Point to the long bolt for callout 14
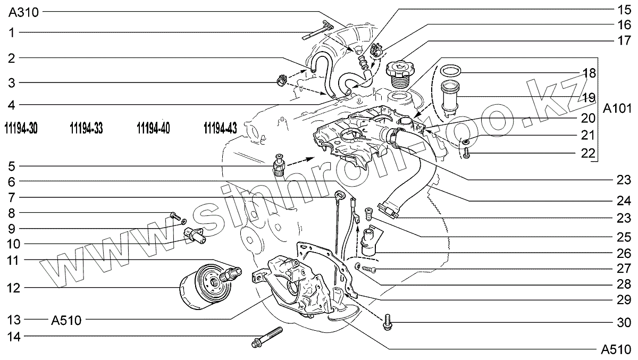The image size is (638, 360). coord(269,339)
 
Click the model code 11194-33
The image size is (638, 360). coord(86,128)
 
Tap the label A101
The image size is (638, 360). coord(616,109)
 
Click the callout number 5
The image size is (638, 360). coord(12,166)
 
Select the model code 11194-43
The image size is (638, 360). coord(220,128)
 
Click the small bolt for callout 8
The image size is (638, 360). coord(174,215)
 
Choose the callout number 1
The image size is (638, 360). coord(12,32)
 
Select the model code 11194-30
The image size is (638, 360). coord(20,128)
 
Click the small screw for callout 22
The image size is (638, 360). coord(466,152)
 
